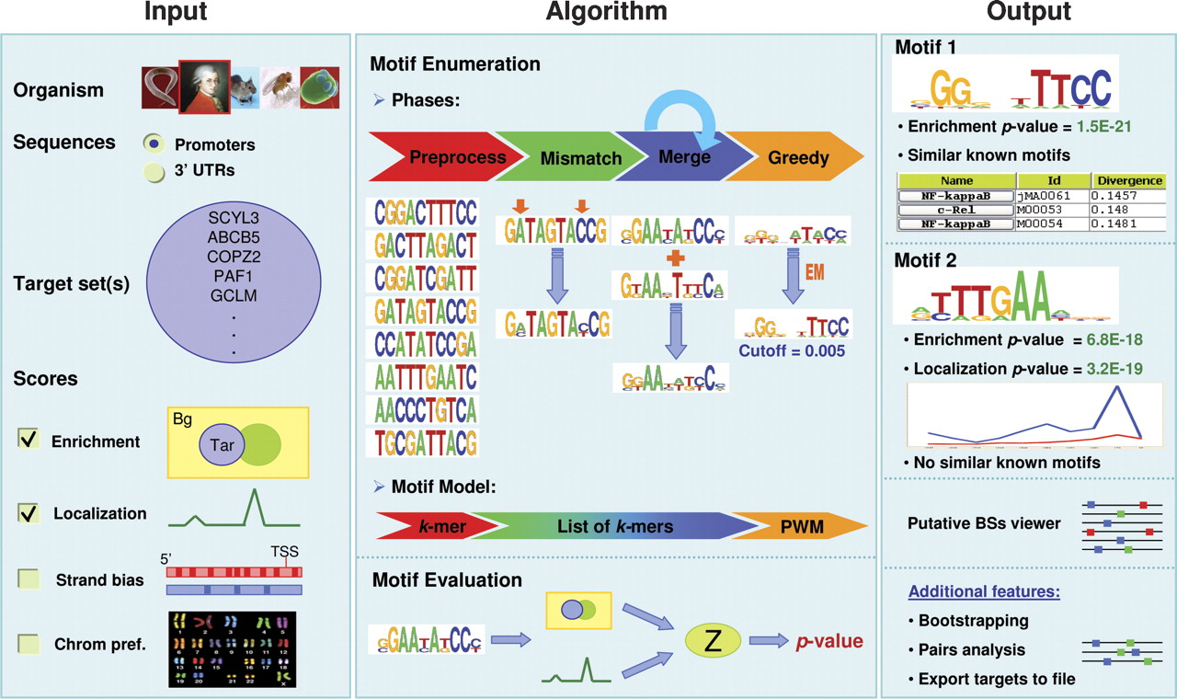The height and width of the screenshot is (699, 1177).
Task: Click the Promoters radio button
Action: pyautogui.click(x=155, y=144)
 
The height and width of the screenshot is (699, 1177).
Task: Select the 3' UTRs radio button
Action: pyautogui.click(x=154, y=171)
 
